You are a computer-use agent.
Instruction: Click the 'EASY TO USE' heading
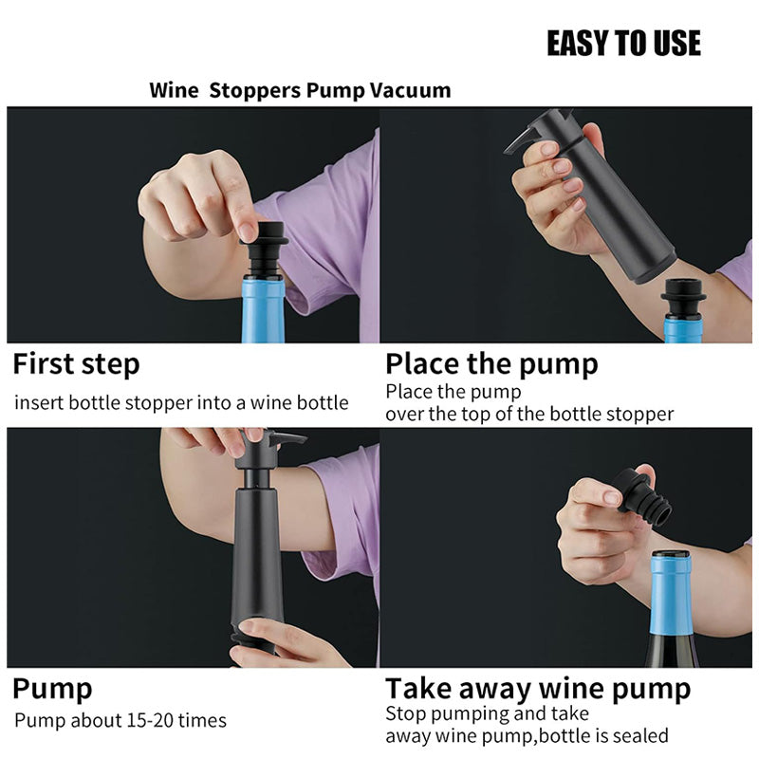[x=623, y=44]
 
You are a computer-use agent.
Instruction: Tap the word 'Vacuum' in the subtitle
[x=410, y=91]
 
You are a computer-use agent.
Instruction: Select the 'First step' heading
[x=76, y=364]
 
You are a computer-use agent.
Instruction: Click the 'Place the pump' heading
[x=491, y=364]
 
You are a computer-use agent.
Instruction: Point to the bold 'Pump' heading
[x=52, y=688]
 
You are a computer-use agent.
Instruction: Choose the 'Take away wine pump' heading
[x=538, y=688]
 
